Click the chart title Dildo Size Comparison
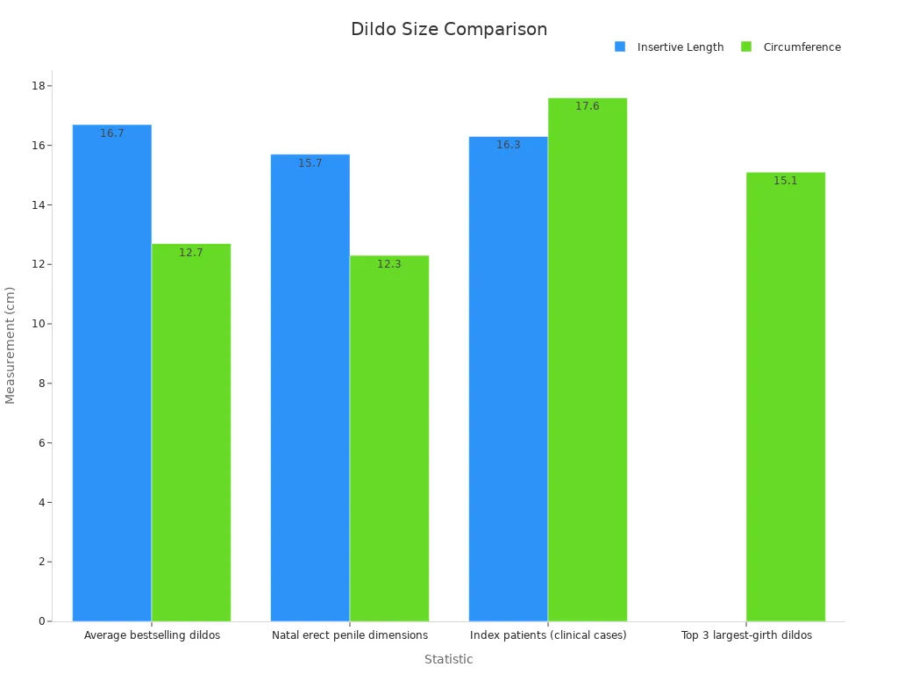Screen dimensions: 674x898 click(x=449, y=29)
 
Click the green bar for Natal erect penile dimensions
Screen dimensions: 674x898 click(x=389, y=439)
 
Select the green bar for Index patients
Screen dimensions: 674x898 click(x=588, y=360)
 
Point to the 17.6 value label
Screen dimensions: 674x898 click(x=588, y=106)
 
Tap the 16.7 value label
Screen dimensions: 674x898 click(x=111, y=133)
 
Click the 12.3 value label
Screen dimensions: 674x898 click(x=389, y=264)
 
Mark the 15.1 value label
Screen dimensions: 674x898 click(x=786, y=181)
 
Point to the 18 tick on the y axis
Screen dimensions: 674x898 click(x=39, y=85)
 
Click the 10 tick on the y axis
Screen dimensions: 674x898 click(x=39, y=324)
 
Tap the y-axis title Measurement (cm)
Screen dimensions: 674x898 click(x=11, y=345)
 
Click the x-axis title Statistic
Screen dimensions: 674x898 click(x=449, y=659)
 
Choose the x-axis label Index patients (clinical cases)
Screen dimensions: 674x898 click(x=548, y=635)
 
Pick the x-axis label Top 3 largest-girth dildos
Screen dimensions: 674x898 click(x=746, y=635)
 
